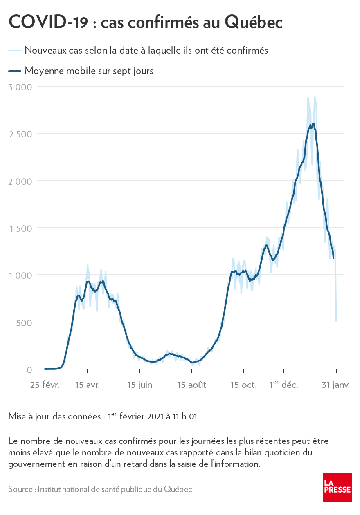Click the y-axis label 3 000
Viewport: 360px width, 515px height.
click(20, 87)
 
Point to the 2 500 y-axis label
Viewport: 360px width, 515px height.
click(20, 134)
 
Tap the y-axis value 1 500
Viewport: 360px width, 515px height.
click(20, 228)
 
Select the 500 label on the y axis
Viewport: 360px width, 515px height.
click(24, 322)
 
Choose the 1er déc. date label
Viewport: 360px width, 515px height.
click(283, 385)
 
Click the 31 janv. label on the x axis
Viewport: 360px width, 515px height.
click(335, 385)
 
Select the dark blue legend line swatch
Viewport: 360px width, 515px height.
click(14, 71)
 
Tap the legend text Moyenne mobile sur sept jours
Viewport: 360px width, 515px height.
click(89, 71)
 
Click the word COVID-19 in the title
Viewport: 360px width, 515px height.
click(48, 22)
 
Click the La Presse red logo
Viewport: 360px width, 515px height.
click(337, 487)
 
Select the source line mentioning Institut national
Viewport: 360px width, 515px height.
click(100, 489)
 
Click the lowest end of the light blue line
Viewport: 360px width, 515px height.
click(336, 321)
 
